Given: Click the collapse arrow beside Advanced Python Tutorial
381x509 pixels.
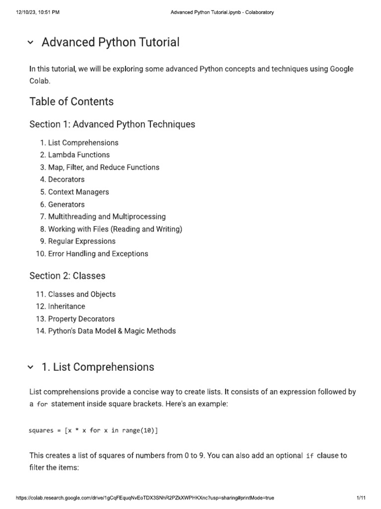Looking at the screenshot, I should (31, 43).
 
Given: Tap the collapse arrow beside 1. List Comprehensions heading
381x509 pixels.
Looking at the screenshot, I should (31, 367).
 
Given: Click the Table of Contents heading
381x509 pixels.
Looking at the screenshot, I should (71, 102).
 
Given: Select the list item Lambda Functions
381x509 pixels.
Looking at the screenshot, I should (79, 155).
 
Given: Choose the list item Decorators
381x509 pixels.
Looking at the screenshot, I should (66, 179).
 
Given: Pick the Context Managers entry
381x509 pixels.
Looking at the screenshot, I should (78, 192).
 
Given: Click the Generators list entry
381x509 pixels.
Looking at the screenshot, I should (66, 204).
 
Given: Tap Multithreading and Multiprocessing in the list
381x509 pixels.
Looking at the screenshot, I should (107, 217).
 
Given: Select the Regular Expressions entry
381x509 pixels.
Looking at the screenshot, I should (82, 241).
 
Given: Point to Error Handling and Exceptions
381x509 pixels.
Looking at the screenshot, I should (98, 254).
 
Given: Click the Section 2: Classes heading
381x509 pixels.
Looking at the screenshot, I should (67, 276).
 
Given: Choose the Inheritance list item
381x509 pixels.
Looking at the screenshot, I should (66, 306).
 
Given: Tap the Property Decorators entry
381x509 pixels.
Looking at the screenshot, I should (81, 319).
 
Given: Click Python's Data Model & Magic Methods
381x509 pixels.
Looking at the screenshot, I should (112, 331).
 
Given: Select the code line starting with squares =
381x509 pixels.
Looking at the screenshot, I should (93, 430).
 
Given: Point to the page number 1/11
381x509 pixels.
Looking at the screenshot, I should (361, 498).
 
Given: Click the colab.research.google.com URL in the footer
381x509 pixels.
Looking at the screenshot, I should (145, 498).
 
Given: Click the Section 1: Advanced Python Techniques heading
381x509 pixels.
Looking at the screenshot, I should (112, 124).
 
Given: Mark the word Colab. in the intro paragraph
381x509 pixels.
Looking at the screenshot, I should (40, 81).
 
